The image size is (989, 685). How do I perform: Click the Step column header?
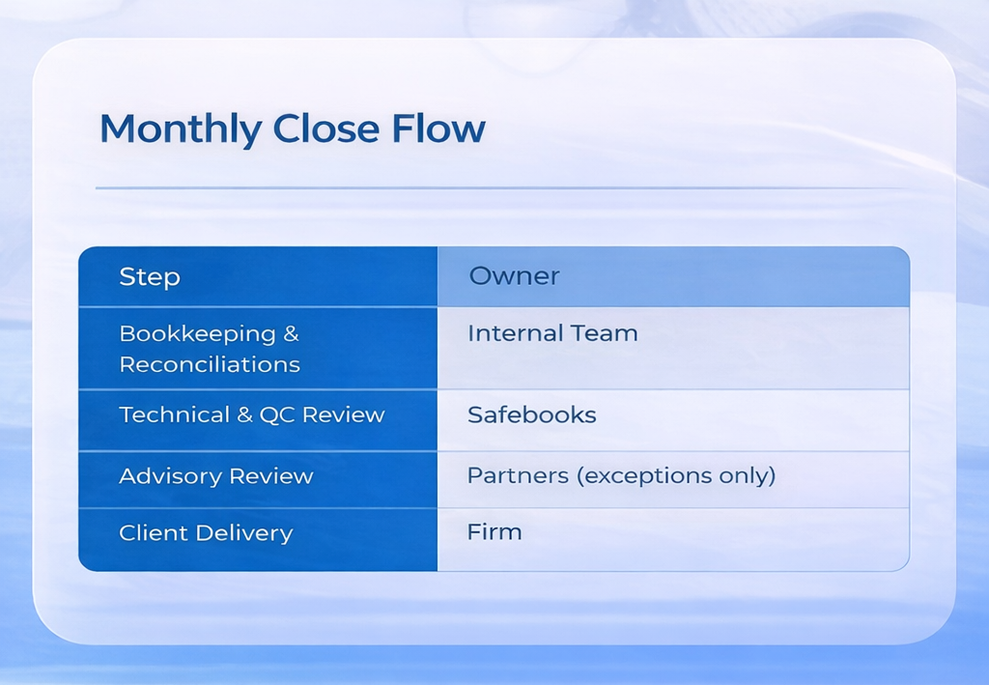point(150,277)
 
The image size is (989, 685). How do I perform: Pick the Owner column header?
point(514,276)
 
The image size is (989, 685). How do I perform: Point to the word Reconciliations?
point(210,364)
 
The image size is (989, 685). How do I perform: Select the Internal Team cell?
point(552,333)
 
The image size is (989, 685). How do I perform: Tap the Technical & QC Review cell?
point(251,415)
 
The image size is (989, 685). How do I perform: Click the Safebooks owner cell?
point(531,415)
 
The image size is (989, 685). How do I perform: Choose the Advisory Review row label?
point(215,476)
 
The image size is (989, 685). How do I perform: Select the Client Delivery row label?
point(205,533)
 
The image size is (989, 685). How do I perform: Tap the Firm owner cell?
point(494,532)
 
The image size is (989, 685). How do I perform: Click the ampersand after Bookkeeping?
point(291,333)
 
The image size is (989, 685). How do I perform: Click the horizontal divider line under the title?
point(502,188)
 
